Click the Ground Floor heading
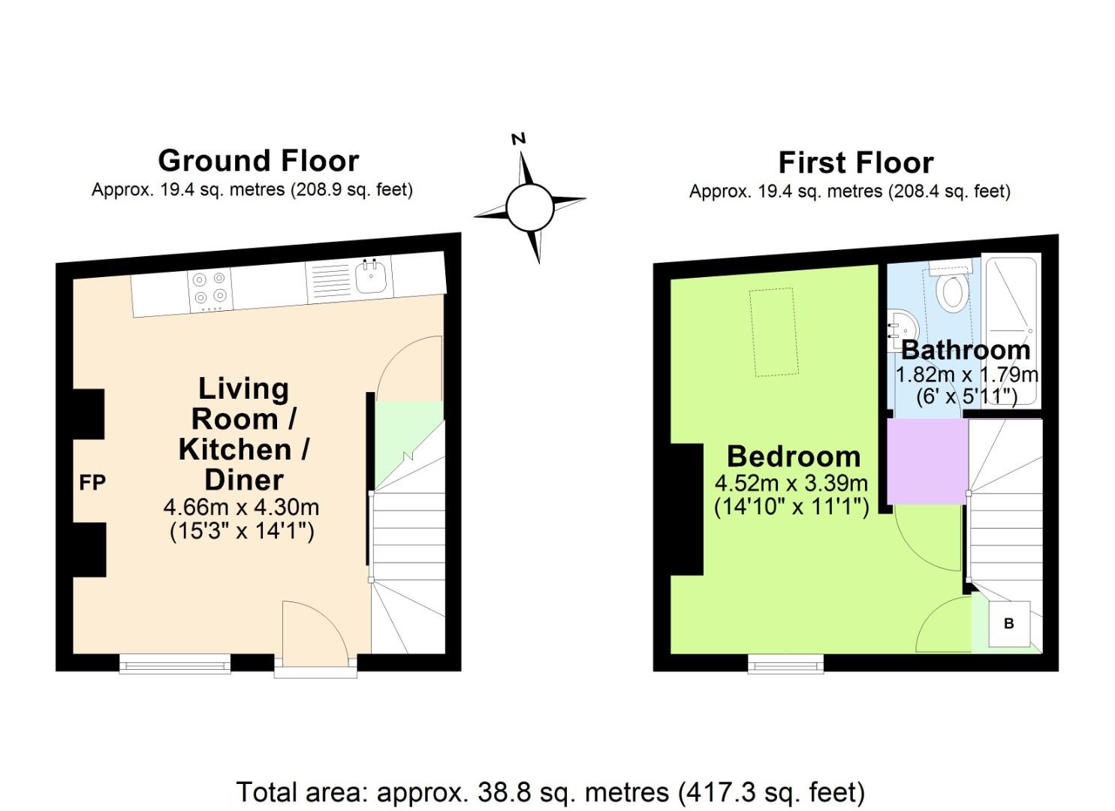258,161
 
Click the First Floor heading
855,162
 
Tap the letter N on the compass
518,138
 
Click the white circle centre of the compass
529,207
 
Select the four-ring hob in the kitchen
209,289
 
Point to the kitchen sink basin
371,278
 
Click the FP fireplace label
92,483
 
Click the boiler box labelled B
1009,623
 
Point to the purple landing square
927,461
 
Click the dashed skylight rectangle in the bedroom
773,331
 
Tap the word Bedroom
794,457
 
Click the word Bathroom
966,350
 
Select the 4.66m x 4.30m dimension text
241,508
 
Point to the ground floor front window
175,662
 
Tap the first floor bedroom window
785,663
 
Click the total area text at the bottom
550,791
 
